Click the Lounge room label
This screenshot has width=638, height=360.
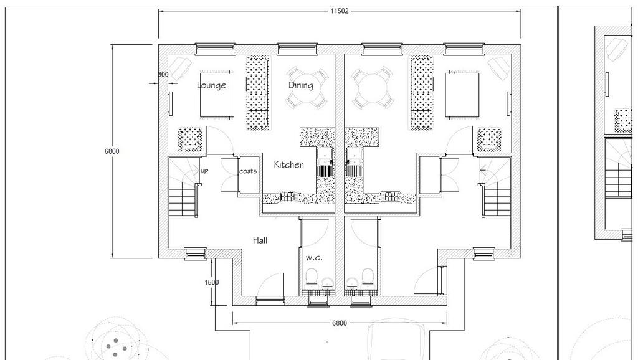click(x=211, y=85)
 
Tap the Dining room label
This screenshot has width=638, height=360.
click(x=301, y=85)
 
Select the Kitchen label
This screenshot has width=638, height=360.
click(x=288, y=165)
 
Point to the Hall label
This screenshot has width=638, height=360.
click(x=260, y=240)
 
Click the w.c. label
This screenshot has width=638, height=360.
click(x=314, y=257)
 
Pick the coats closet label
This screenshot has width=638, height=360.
click(x=248, y=171)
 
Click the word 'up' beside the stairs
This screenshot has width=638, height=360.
click(x=204, y=171)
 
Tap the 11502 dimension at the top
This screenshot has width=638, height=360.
click(x=340, y=11)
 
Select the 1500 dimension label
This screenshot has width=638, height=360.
click(x=212, y=282)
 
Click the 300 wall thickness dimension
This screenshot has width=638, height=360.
click(x=163, y=75)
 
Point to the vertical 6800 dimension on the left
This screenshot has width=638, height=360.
click(x=112, y=151)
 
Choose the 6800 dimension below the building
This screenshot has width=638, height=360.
click(x=340, y=323)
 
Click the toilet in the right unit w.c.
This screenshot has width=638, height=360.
click(x=368, y=277)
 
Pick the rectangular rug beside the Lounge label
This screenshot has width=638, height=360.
click(x=217, y=95)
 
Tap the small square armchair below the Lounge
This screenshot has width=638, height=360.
click(x=191, y=140)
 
